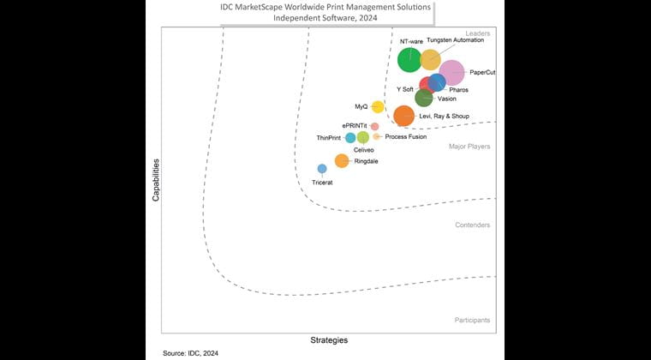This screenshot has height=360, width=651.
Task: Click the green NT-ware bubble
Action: (x=409, y=60)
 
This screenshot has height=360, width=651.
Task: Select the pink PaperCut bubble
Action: (x=451, y=73)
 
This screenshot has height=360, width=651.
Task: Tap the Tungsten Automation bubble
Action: (x=430, y=59)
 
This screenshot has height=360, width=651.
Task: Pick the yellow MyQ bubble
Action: (x=378, y=107)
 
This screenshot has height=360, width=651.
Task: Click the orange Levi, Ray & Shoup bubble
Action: (x=403, y=116)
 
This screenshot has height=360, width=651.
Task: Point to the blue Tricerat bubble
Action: (x=322, y=169)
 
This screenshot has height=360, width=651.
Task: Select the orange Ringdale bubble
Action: (x=341, y=160)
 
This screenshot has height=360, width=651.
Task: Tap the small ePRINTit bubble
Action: (x=374, y=127)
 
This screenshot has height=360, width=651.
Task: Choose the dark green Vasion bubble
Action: (x=423, y=98)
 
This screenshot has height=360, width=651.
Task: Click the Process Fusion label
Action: (x=406, y=137)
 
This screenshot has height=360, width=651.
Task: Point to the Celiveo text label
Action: (x=364, y=150)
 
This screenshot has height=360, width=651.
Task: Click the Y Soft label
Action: (x=405, y=89)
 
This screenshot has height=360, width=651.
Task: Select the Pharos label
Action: (x=459, y=89)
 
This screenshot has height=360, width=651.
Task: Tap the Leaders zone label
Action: (x=477, y=33)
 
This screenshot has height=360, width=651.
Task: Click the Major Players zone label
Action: (x=469, y=147)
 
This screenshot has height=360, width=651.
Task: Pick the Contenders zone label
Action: (x=472, y=225)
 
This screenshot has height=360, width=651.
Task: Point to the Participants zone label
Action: (x=472, y=320)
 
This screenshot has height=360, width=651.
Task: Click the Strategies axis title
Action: (x=328, y=340)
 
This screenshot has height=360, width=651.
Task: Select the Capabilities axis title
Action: (x=156, y=179)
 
